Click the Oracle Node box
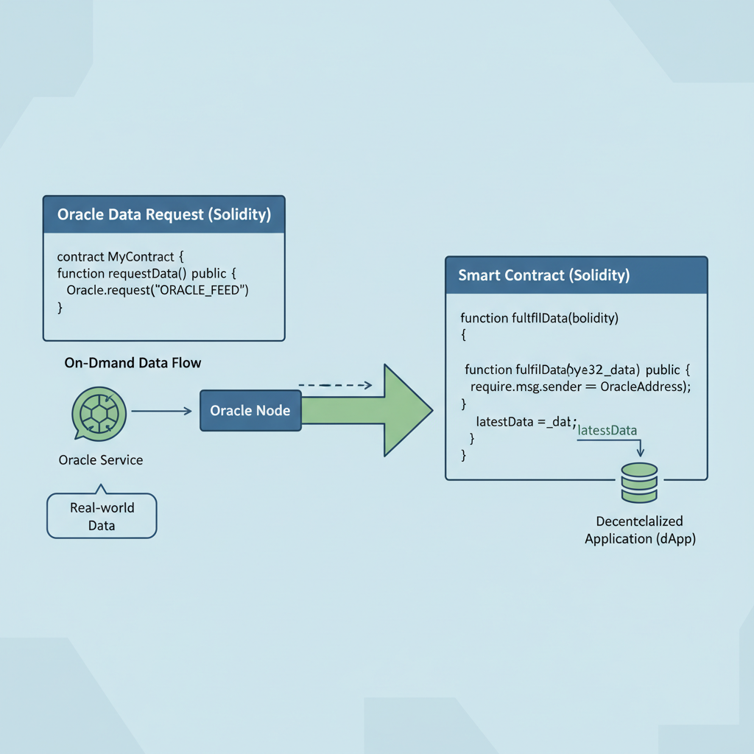click(x=250, y=410)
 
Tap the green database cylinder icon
click(x=638, y=482)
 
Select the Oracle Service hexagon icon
click(x=100, y=412)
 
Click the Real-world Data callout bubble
click(x=102, y=515)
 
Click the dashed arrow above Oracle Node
click(x=336, y=385)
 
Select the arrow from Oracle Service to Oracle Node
click(x=161, y=411)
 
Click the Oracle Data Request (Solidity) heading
click(x=163, y=215)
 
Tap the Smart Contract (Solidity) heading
click(x=543, y=275)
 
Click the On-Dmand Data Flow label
click(x=133, y=363)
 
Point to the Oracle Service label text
click(x=101, y=460)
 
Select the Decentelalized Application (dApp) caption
click(x=639, y=530)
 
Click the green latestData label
click(x=607, y=430)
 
